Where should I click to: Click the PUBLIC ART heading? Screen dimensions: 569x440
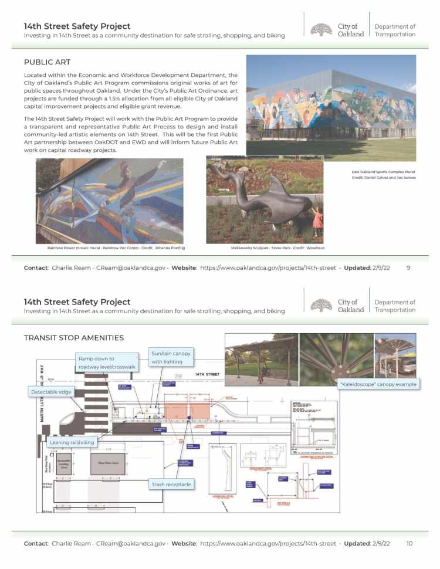[x=48, y=62]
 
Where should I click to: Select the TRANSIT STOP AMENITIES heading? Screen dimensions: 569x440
[x=73, y=337]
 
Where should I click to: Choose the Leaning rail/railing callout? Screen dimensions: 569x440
[x=72, y=442]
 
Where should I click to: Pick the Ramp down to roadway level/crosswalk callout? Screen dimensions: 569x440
[x=106, y=363]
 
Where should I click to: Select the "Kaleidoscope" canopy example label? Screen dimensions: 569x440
[x=378, y=384]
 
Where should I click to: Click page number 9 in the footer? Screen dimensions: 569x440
[x=408, y=267]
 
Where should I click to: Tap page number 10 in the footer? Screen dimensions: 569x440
[x=409, y=543]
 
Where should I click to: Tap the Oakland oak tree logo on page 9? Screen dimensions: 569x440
[x=321, y=30]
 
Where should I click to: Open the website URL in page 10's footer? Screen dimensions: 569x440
[x=268, y=543]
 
